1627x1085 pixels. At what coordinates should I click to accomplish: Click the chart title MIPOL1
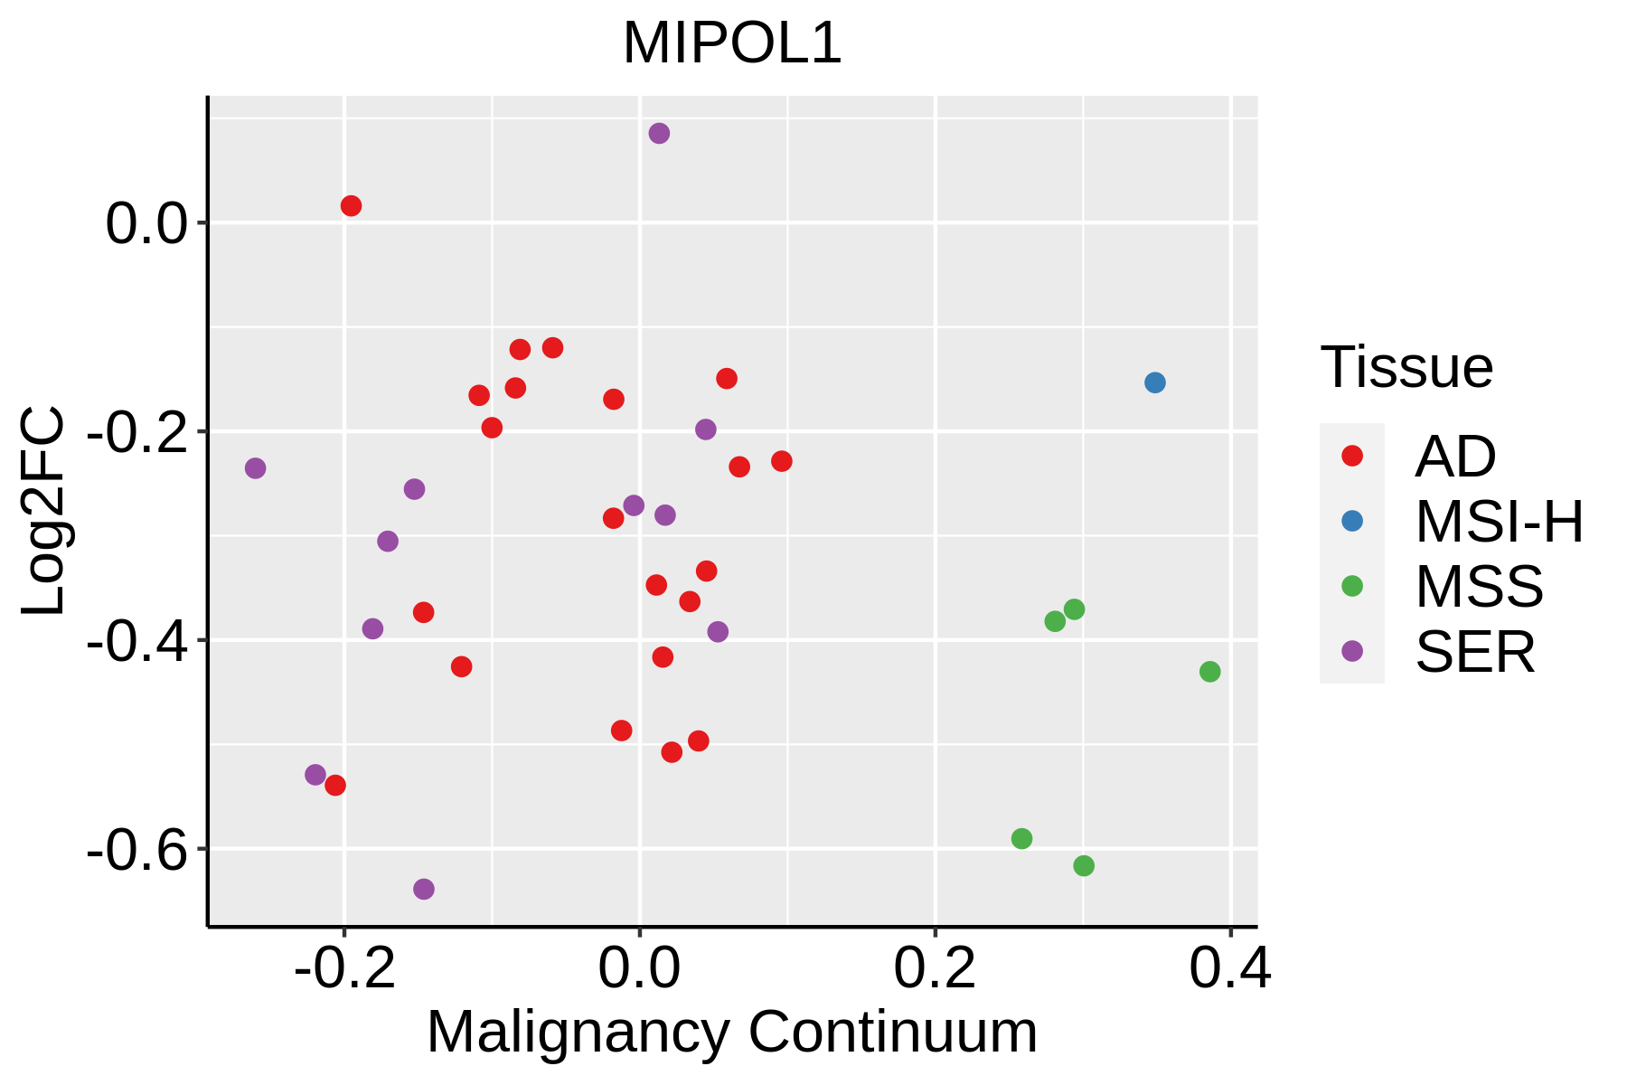732,43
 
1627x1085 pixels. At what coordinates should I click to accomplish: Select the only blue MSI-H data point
1154,382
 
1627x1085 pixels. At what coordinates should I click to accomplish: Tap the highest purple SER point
659,134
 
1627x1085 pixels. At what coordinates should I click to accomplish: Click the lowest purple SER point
424,889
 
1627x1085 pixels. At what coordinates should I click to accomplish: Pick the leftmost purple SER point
256,468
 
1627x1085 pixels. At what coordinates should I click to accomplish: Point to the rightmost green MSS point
1209,672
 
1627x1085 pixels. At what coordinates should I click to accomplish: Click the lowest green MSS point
1084,865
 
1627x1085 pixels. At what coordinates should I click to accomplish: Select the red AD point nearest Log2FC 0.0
352,206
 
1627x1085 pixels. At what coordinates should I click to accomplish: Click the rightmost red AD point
782,461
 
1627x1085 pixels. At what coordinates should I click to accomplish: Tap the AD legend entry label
1455,457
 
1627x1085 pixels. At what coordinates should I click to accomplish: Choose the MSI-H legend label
1499,522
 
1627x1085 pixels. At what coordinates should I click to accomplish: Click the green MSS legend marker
1352,586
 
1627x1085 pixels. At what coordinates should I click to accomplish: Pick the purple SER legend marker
1352,651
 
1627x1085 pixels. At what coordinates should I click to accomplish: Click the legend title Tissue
1406,368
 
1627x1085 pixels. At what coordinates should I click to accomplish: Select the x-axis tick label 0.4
1229,969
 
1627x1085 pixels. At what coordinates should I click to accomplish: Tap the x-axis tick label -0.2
344,969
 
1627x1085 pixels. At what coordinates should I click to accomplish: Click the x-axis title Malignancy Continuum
732,1032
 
